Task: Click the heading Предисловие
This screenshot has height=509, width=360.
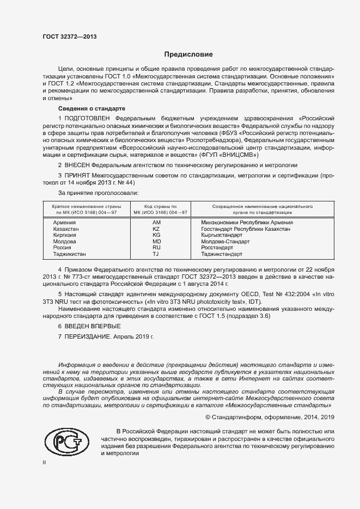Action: point(189,54)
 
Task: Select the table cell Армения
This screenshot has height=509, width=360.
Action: point(64,223)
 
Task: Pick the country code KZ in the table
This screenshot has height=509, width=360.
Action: point(156,229)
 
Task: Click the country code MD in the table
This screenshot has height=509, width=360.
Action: point(156,241)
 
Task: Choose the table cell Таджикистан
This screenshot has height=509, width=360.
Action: point(70,254)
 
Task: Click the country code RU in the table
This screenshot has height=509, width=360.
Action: point(156,247)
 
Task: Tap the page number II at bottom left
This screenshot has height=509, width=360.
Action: point(45,462)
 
